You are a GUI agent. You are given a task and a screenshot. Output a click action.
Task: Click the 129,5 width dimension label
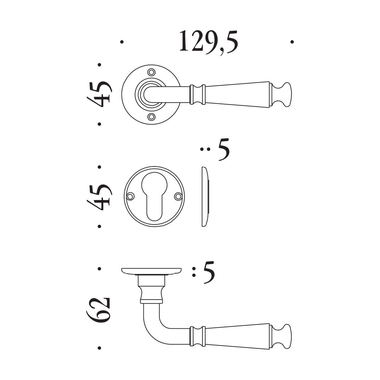pos(208,43)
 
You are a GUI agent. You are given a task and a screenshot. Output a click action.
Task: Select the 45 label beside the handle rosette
pos(99,94)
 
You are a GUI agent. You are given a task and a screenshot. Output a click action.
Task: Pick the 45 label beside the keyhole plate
pos(99,197)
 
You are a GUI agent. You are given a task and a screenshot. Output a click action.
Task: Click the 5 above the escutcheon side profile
pos(224,149)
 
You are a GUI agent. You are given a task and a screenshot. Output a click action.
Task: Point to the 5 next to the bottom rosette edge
pos(209,272)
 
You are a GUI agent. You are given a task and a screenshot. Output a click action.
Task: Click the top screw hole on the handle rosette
pos(151,72)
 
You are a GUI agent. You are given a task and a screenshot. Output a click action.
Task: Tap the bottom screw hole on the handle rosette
pos(151,117)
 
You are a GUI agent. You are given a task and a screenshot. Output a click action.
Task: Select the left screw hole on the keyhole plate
pos(130,196)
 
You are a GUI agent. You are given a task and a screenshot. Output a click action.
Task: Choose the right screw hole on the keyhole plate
pos(178,196)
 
